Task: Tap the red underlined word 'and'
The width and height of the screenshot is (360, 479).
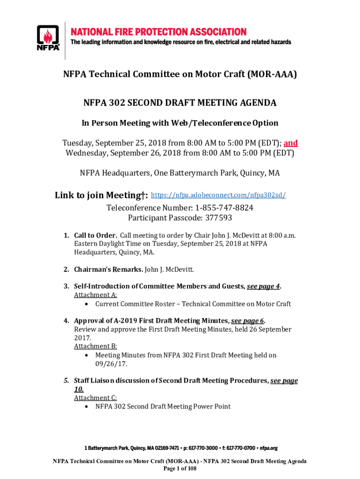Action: click(x=290, y=143)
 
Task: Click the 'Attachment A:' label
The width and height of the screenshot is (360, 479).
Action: click(x=95, y=295)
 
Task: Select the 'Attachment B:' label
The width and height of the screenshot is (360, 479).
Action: click(x=95, y=346)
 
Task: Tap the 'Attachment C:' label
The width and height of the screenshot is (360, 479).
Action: click(x=95, y=398)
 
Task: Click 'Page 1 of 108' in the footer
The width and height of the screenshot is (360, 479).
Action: click(x=180, y=468)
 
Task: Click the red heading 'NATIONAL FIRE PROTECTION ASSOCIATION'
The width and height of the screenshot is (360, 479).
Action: click(x=158, y=32)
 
